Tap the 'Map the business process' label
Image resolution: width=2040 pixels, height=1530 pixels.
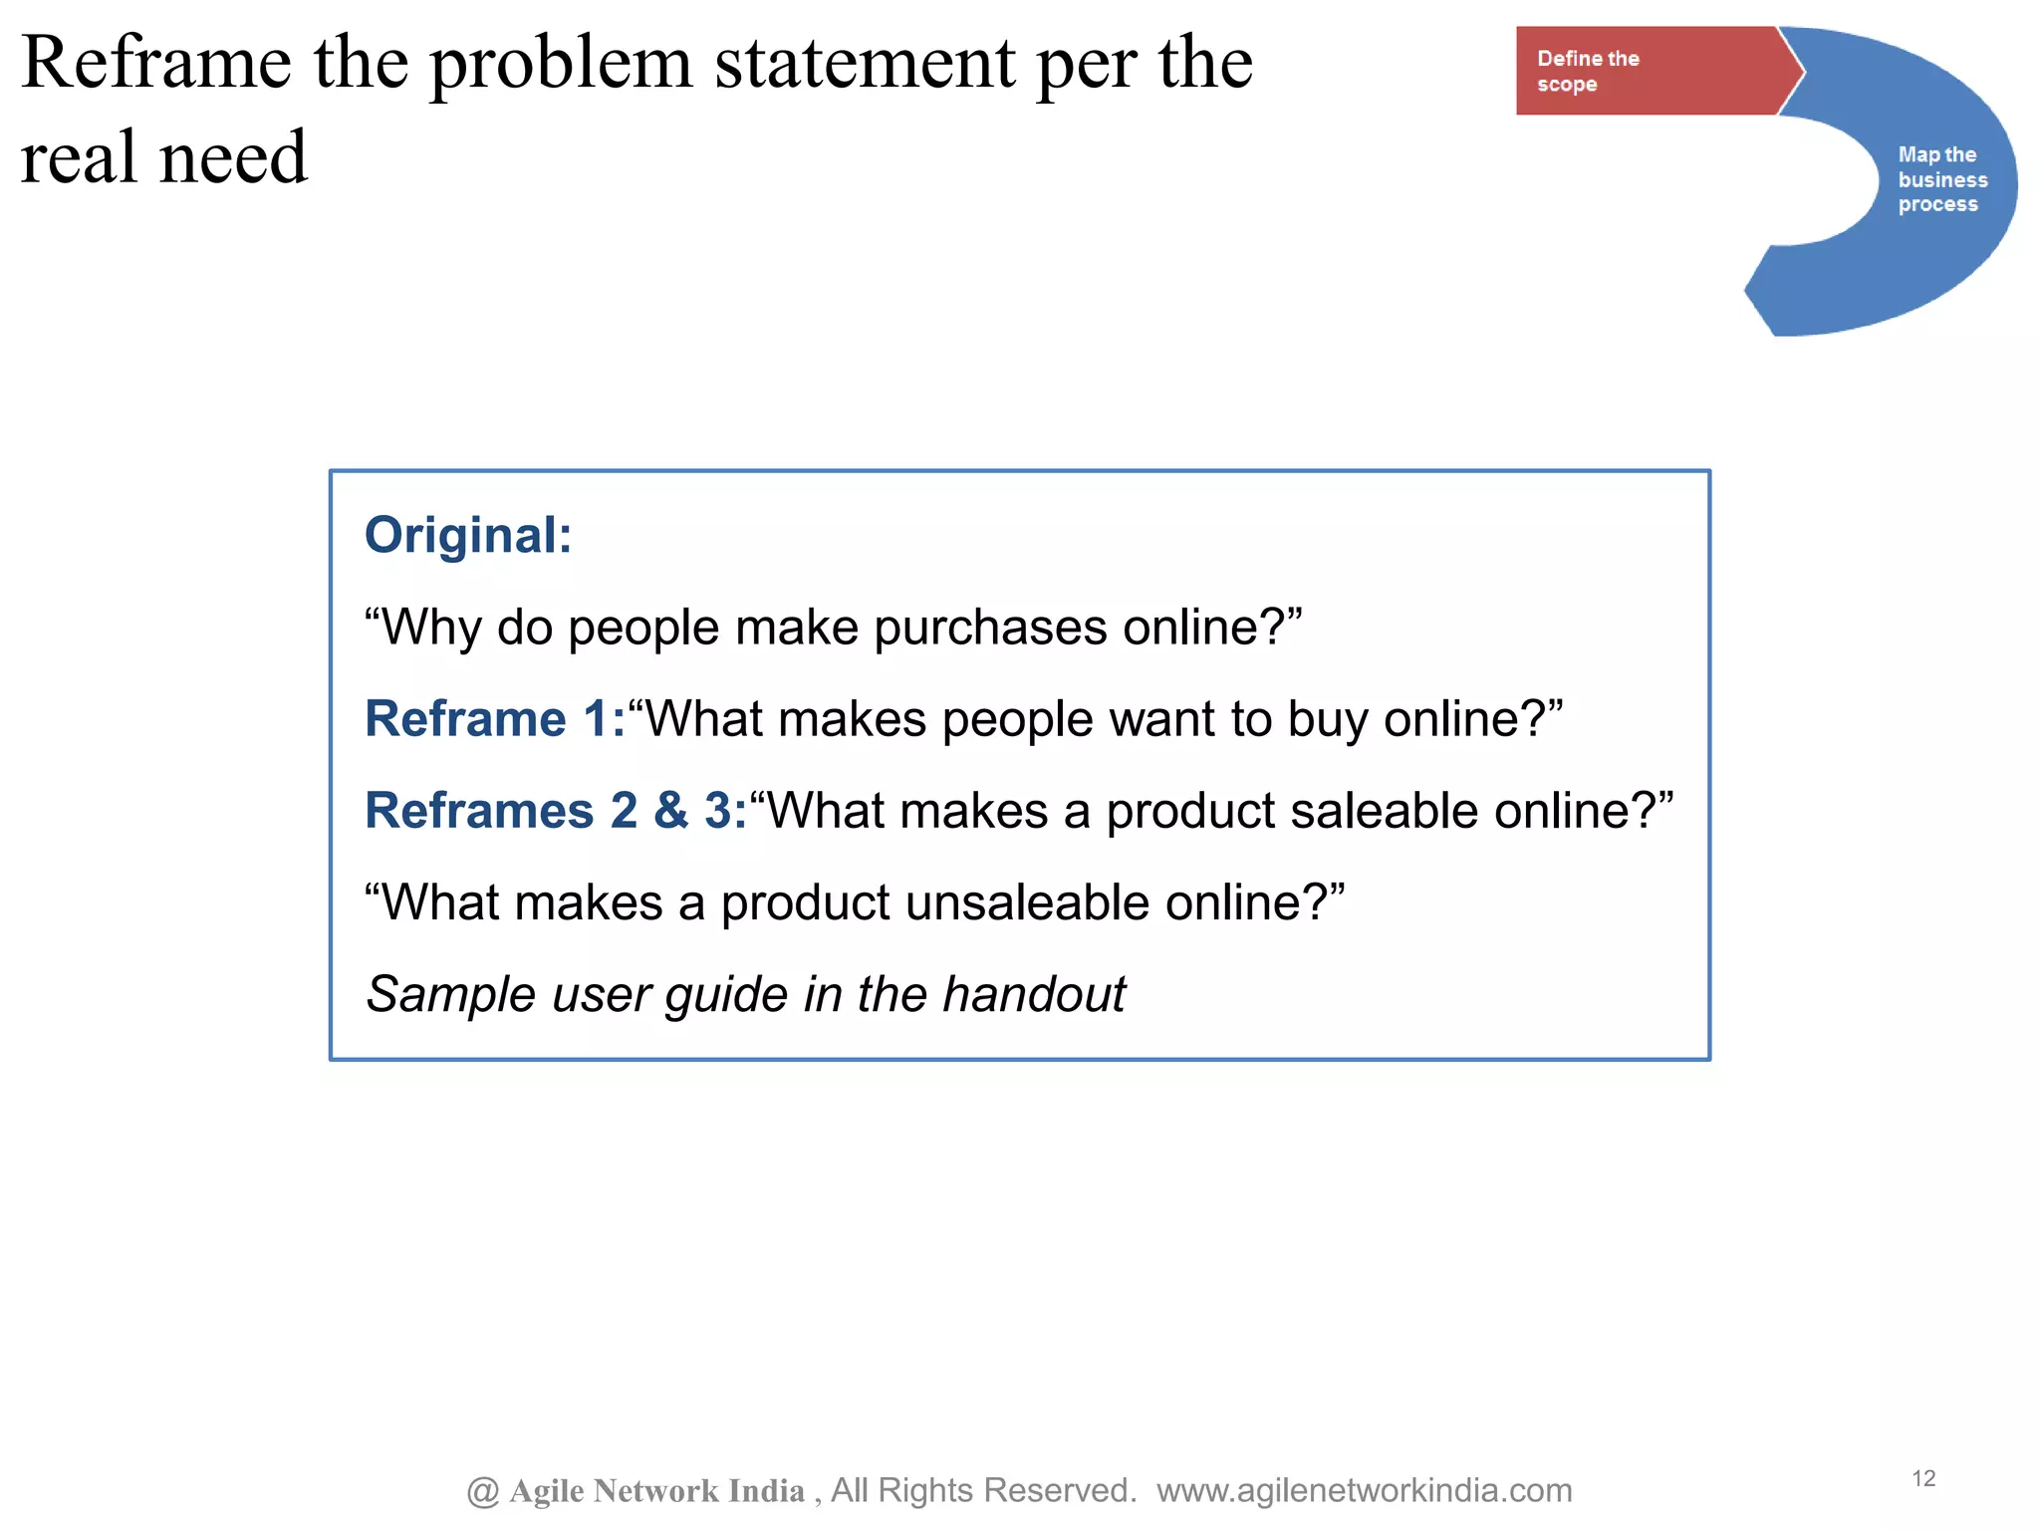(x=1941, y=179)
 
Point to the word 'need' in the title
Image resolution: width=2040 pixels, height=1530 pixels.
(x=233, y=157)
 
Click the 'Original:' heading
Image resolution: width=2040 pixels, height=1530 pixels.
(x=468, y=535)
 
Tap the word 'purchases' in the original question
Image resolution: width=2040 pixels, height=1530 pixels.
(x=991, y=629)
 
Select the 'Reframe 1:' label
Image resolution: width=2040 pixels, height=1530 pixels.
(x=495, y=718)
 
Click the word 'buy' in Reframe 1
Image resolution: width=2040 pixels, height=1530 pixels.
(x=1328, y=720)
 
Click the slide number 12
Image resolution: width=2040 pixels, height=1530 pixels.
(x=1923, y=1478)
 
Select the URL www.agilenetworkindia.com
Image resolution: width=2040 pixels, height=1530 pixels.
(x=1364, y=1490)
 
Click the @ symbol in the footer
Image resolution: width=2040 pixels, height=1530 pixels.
(x=483, y=1491)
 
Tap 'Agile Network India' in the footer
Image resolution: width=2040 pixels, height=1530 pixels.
(x=656, y=1490)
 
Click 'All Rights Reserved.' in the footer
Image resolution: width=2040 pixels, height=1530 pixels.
(x=984, y=1490)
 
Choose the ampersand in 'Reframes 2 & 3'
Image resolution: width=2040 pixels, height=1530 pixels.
(x=671, y=810)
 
